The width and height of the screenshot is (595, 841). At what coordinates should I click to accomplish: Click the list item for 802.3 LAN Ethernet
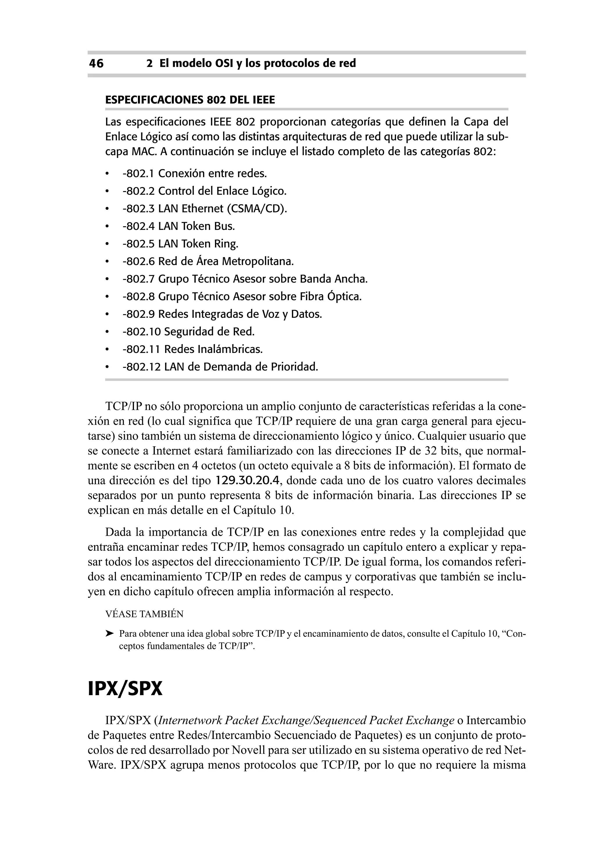tap(205, 209)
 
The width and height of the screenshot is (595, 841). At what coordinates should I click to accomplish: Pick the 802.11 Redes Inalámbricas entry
tap(193, 349)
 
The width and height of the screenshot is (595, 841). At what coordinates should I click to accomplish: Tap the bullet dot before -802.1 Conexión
tap(107, 174)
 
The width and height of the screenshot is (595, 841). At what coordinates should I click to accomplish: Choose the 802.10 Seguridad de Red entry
tap(188, 332)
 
